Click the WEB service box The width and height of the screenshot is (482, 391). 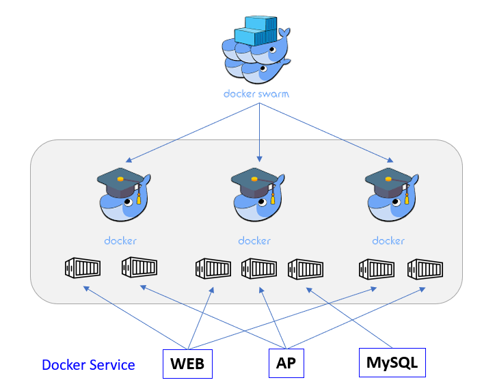tap(187, 364)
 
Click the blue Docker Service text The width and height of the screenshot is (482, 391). tap(88, 365)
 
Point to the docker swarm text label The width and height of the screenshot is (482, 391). tap(257, 94)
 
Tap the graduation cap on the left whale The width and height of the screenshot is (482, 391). tap(120, 180)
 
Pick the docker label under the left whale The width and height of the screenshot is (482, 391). tap(120, 241)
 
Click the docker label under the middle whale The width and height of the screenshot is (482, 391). tap(254, 241)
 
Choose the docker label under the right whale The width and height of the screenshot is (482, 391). tap(388, 241)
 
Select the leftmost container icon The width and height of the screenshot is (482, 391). tap(82, 267)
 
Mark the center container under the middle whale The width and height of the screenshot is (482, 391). tap(259, 267)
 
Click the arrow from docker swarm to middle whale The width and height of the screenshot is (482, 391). tap(259, 130)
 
